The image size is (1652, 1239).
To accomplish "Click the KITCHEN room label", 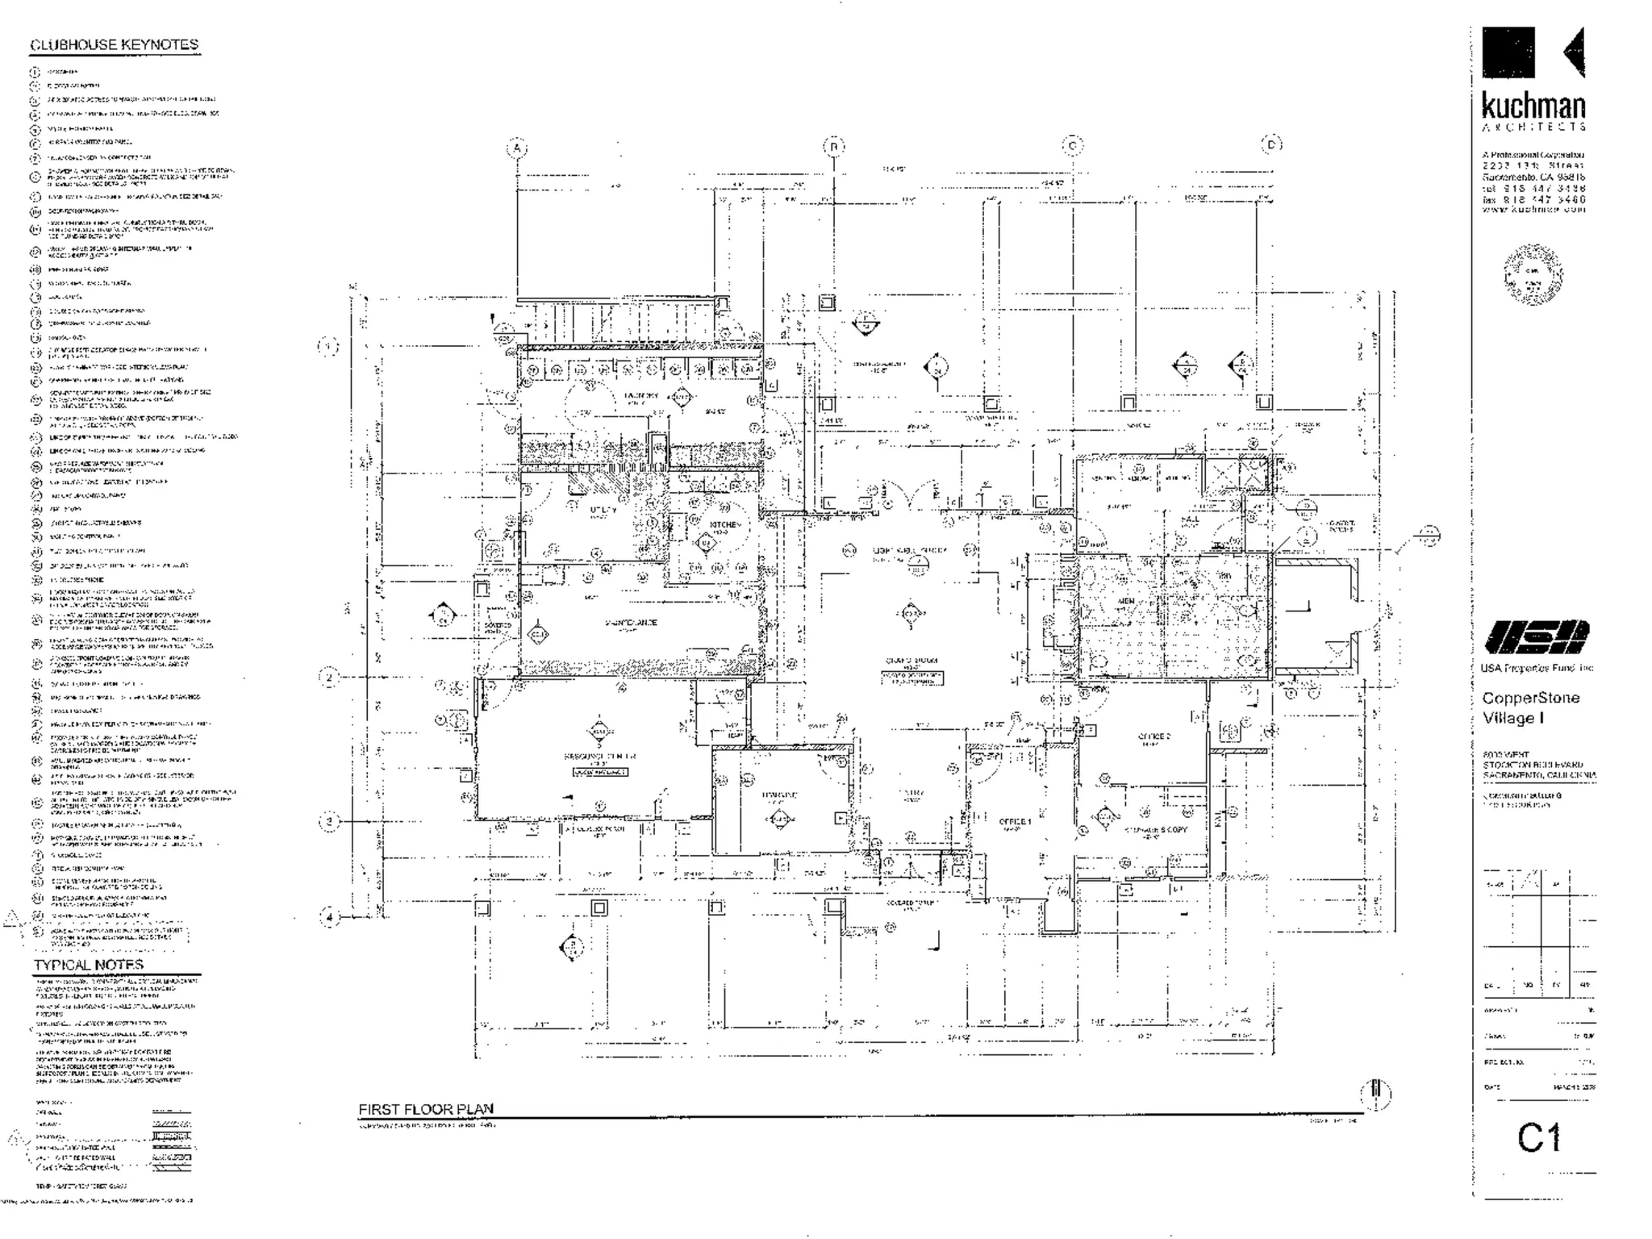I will (x=724, y=525).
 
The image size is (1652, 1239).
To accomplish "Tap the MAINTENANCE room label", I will (x=630, y=623).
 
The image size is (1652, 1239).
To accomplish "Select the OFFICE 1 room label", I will (x=1015, y=822).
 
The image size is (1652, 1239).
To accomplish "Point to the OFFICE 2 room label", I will (x=1154, y=736).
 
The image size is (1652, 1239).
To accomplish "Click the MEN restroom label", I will (x=1126, y=602).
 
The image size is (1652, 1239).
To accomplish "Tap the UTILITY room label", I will (x=603, y=510).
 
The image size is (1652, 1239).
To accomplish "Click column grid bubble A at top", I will (x=517, y=148).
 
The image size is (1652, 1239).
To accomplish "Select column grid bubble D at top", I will (x=1271, y=144).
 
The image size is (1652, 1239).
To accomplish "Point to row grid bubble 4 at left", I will (x=329, y=917).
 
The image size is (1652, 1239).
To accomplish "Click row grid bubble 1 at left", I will (x=327, y=347).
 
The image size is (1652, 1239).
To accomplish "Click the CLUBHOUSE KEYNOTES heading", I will (x=114, y=45).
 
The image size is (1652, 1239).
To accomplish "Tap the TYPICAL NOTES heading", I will (x=89, y=965).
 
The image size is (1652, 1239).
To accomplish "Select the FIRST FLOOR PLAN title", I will (x=425, y=1109).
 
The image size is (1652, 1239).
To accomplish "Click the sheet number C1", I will (x=1538, y=1138).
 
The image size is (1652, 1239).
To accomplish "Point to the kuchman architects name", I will (x=1533, y=107).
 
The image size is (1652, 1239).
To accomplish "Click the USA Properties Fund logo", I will (x=1536, y=637).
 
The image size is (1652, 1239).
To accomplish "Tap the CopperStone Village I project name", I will (x=1529, y=707).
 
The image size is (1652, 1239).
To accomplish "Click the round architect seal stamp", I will (x=1533, y=274).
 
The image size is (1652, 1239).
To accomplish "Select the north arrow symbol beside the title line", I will (x=1376, y=1095).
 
